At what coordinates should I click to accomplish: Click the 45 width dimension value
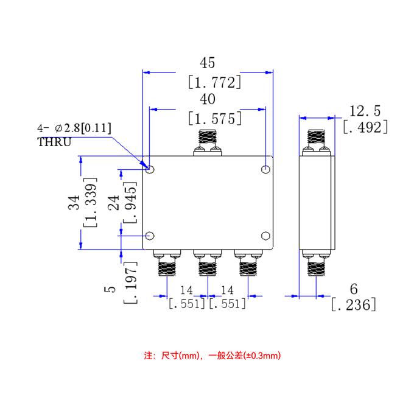pos(208,63)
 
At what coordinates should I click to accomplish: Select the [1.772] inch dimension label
pos(215,82)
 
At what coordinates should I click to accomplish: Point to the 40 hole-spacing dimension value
pos(208,99)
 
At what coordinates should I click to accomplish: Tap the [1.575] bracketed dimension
pos(215,118)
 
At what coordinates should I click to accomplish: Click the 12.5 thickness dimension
pos(365,111)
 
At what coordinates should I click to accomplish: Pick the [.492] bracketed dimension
pos(365,127)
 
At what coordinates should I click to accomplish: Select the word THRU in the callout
pos(54,142)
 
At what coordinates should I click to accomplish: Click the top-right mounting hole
pos(266,169)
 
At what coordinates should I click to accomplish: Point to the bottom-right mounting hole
pos(266,236)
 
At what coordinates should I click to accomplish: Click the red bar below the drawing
pos(212,356)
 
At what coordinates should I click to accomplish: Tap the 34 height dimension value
pos(74,203)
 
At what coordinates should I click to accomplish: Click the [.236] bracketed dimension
pos(354,304)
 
